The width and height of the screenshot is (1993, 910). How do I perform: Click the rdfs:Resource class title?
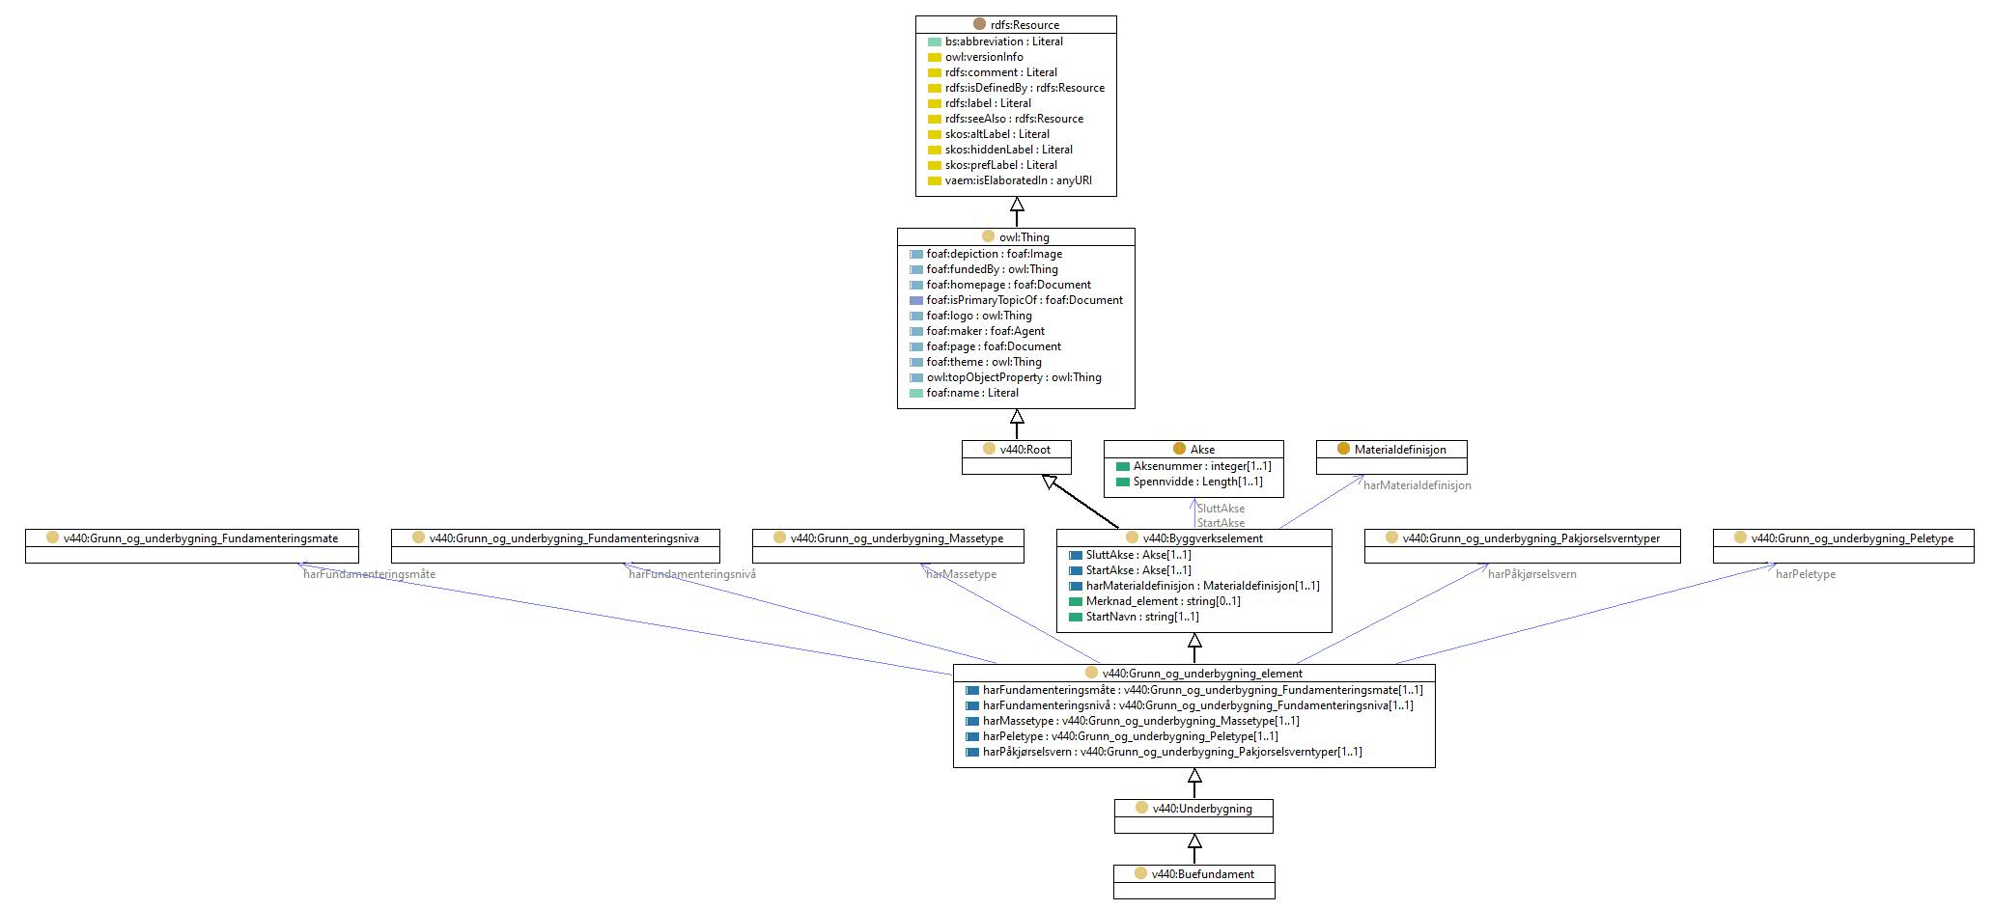click(1025, 25)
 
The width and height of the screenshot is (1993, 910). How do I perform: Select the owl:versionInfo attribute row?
click(984, 57)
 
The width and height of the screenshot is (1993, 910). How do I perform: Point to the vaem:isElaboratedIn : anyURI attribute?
click(1019, 180)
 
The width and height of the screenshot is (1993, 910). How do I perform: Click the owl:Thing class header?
click(1024, 237)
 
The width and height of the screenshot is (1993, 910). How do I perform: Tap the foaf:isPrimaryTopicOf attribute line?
click(1025, 300)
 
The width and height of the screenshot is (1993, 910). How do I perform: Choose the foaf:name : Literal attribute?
click(972, 393)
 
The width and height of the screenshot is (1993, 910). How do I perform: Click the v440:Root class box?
click(1017, 457)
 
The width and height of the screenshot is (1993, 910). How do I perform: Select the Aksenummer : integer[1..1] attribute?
click(1202, 466)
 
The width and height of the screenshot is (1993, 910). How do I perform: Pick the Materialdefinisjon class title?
click(1400, 450)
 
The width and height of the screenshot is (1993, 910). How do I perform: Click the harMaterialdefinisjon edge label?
click(1418, 485)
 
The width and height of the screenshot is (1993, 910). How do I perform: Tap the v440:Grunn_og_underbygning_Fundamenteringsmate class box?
click(192, 546)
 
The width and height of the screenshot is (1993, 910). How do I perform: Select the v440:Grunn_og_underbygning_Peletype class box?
click(1843, 546)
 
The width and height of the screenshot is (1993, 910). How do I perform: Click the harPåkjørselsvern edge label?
click(1532, 574)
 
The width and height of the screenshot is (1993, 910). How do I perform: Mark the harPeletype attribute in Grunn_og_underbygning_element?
click(1131, 736)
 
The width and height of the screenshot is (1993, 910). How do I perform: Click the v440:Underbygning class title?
click(1202, 809)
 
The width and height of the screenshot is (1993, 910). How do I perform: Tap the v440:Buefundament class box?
click(1194, 882)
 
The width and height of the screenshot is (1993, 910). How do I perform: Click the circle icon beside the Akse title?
click(1179, 450)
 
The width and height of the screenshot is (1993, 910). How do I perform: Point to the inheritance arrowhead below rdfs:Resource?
click(1017, 205)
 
